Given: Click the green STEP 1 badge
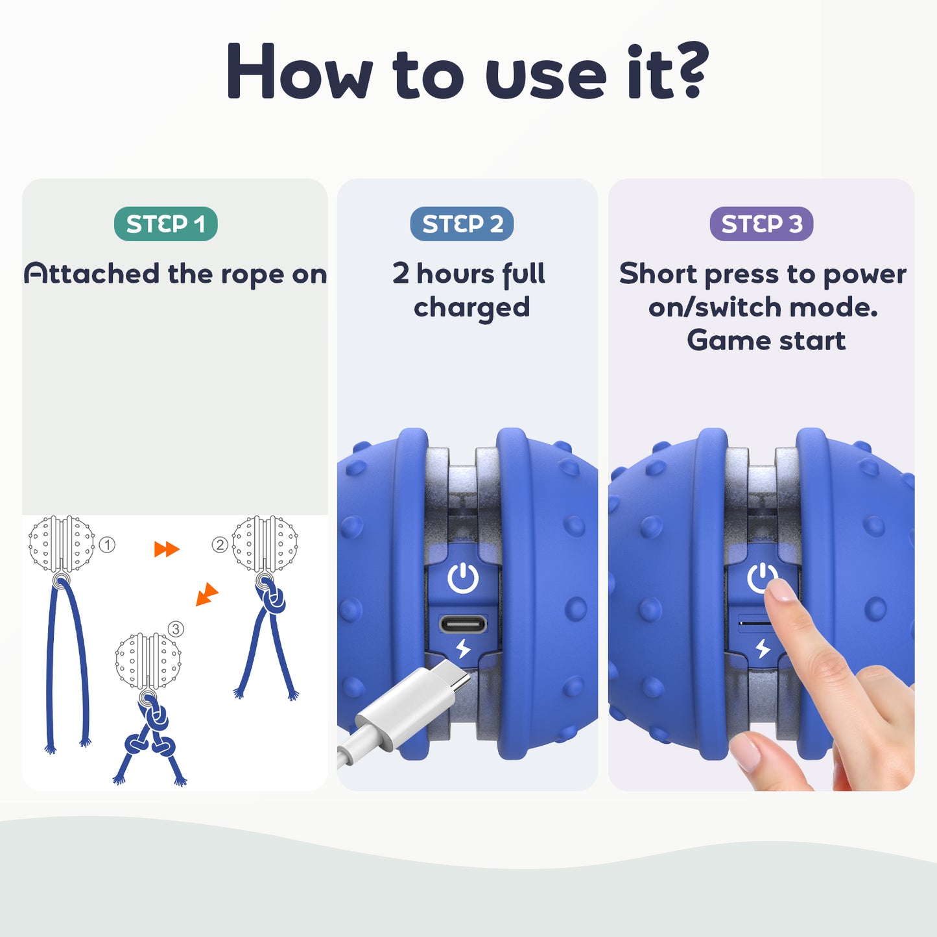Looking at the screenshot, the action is [x=166, y=224].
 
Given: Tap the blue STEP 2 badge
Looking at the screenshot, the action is [x=462, y=224].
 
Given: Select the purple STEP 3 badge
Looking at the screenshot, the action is [x=761, y=224].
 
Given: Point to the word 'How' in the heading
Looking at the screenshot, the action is [x=300, y=71].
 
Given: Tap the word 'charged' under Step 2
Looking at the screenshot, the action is [x=471, y=308].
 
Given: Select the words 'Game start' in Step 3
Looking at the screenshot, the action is [x=766, y=340].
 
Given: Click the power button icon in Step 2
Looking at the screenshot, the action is [x=462, y=578].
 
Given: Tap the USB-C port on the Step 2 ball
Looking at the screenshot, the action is [x=462, y=623].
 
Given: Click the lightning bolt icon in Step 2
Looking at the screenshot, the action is [x=463, y=648].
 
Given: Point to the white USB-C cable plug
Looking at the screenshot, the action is [x=413, y=700].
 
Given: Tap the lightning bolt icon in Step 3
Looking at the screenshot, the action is [x=763, y=648].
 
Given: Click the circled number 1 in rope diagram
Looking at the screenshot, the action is [x=107, y=545].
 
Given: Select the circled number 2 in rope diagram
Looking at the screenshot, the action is [x=220, y=544].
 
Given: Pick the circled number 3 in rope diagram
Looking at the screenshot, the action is [x=176, y=629].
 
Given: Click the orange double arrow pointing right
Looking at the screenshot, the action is [x=167, y=549].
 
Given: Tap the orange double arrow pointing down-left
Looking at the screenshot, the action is [x=207, y=594].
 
